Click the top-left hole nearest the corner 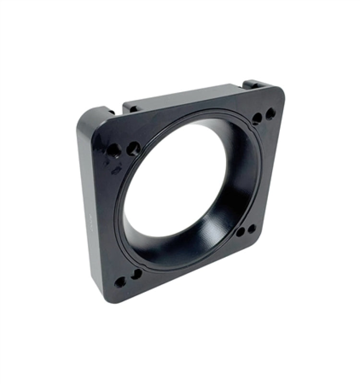pos(114,150)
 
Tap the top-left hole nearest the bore pos(133,148)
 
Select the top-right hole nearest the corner pos(271,114)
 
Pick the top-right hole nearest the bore pos(257,118)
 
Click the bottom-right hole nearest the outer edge pos(252,229)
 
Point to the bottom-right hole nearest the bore pos(240,233)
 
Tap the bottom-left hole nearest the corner pos(120,282)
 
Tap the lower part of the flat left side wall pos(94,259)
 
